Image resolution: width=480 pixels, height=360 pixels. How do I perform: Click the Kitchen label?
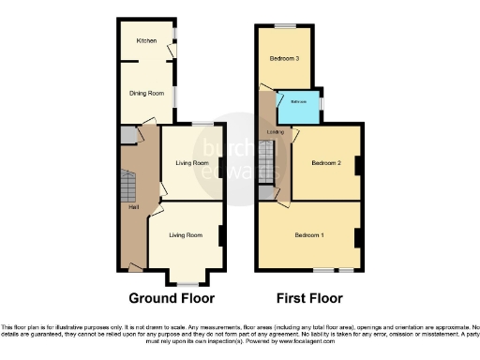[x=145, y=41]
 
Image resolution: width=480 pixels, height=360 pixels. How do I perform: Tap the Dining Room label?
[x=146, y=93]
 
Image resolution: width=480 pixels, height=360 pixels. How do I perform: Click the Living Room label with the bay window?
[x=185, y=235]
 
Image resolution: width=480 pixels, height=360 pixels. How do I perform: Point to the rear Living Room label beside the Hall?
[x=191, y=163]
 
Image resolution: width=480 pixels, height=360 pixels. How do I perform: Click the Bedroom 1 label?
[x=308, y=234]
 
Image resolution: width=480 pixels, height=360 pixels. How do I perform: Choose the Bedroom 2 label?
[x=323, y=162]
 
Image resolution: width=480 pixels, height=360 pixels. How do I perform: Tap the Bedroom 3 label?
[x=285, y=58]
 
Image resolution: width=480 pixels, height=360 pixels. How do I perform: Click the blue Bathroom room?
[x=299, y=106]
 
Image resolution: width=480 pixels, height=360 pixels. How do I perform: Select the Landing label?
[x=275, y=132]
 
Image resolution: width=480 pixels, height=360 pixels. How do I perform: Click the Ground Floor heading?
[x=172, y=298]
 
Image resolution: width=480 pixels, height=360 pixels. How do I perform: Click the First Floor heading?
[x=308, y=298]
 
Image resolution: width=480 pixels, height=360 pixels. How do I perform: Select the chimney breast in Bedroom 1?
[x=358, y=237]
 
